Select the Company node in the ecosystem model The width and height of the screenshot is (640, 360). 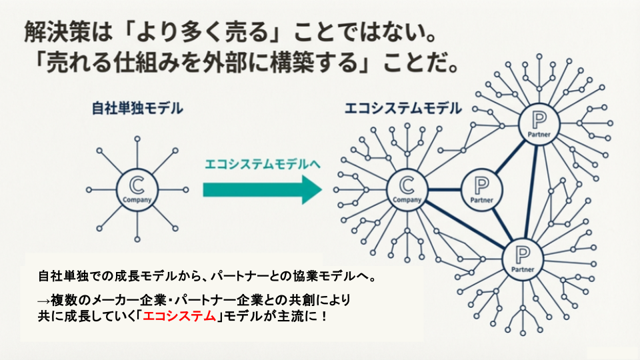point(407,189)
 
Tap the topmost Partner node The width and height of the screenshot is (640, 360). point(539,124)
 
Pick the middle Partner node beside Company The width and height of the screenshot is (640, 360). point(481,189)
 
